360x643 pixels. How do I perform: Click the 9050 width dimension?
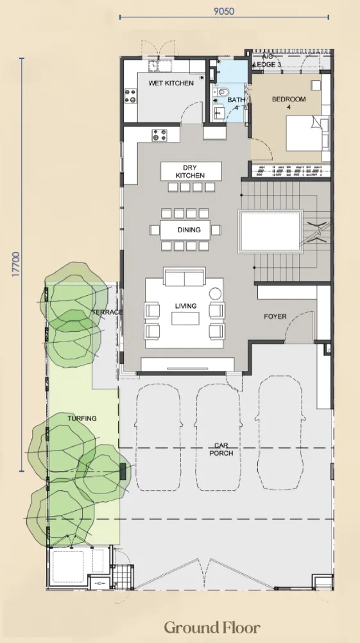pos(224,11)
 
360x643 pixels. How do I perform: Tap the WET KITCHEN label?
pos(171,83)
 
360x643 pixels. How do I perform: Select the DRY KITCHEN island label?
pos(190,171)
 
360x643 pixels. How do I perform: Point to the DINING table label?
pos(189,230)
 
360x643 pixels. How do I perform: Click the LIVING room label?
pos(185,306)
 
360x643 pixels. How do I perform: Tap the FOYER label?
pos(275,316)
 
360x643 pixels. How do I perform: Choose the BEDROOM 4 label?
pos(289,103)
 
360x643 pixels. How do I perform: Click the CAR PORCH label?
pos(221,449)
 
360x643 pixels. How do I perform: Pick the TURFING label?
pos(82,418)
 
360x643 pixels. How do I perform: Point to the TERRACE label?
pos(107,313)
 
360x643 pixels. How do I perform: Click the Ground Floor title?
pos(212,627)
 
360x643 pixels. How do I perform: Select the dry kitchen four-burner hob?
pos(159,135)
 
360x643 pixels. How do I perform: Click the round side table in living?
pos(215,294)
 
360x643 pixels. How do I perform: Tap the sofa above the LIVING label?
pos(185,277)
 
